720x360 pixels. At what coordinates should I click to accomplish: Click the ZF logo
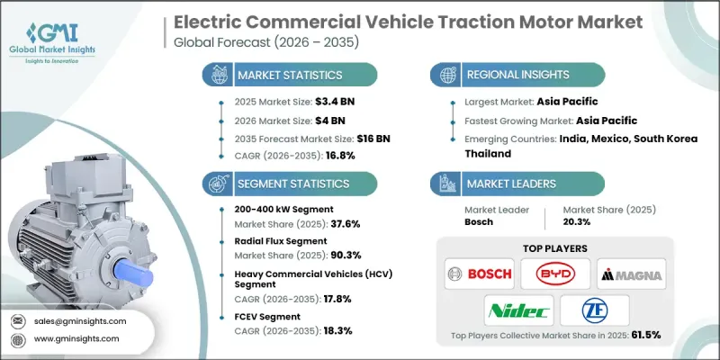click(594, 310)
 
